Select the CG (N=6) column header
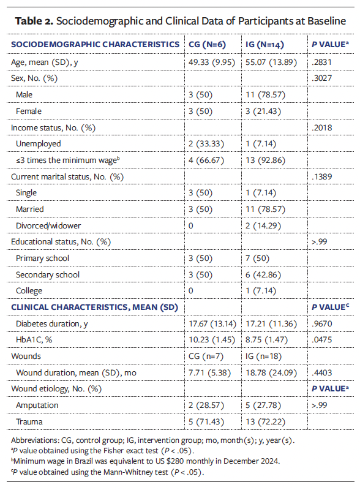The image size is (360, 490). point(209,45)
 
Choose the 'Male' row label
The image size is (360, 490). point(33,95)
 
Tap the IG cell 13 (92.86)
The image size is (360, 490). point(264,159)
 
